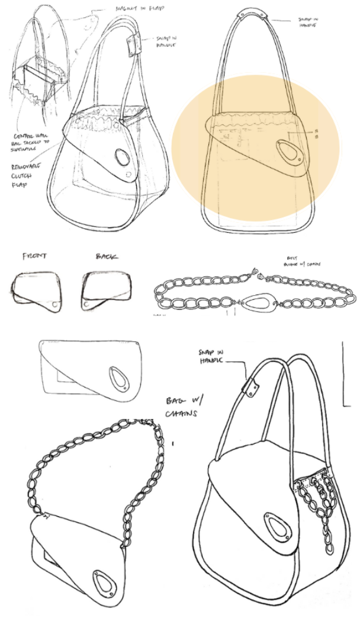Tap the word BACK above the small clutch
pyautogui.click(x=107, y=257)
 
